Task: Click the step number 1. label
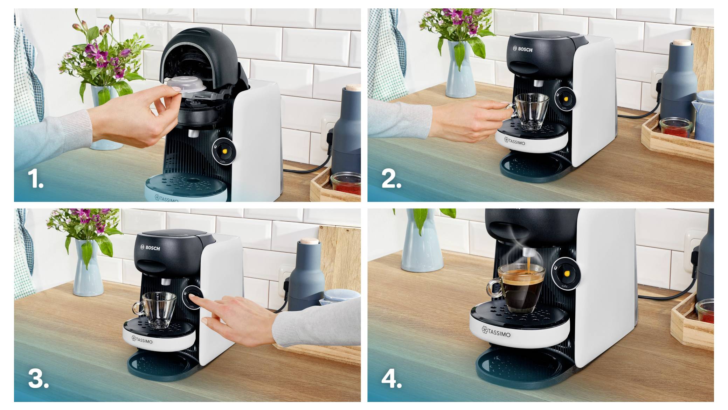tap(35, 179)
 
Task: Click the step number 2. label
tap(391, 179)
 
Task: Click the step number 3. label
tap(38, 379)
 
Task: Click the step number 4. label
tap(391, 379)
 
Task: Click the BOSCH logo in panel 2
tap(523, 49)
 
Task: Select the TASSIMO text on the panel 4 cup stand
tap(496, 332)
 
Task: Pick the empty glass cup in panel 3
tap(156, 310)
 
